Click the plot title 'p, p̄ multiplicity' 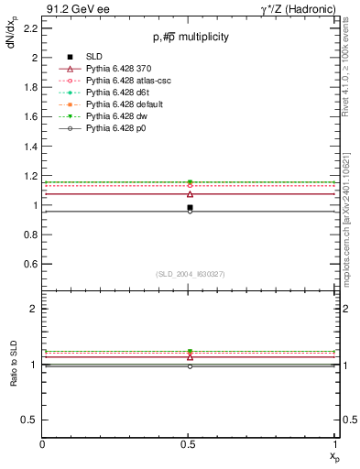click(191, 38)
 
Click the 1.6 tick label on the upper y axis click(29, 116)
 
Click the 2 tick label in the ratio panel click(33, 309)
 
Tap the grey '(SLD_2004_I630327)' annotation click(191, 274)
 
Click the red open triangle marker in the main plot click(190, 194)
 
